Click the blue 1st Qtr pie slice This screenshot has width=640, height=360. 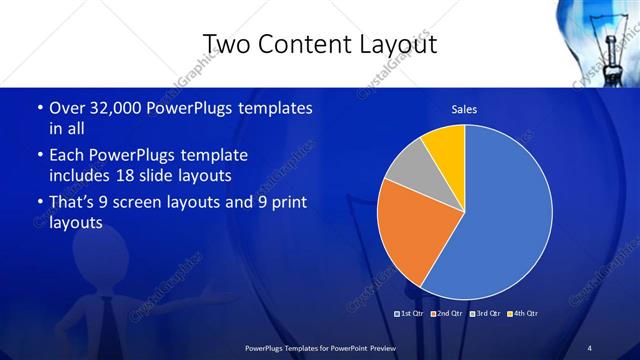click(x=505, y=215)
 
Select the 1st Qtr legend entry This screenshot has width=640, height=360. click(x=410, y=314)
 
